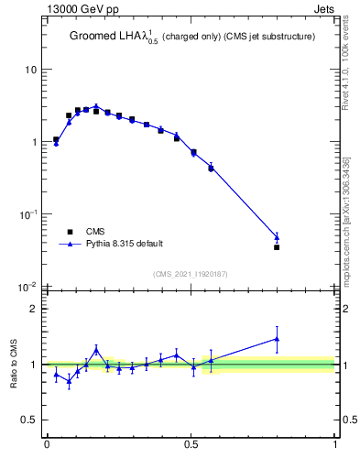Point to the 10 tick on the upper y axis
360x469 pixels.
[32, 70]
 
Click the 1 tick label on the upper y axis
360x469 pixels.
[35, 142]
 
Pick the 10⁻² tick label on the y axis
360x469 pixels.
[29, 287]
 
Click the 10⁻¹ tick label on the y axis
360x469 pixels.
[29, 214]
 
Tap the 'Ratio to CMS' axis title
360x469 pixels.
[14, 364]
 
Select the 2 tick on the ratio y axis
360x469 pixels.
[35, 309]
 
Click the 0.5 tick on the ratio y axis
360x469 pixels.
[31, 420]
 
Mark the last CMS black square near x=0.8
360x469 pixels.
[277, 247]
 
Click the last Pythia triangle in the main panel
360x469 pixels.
[277, 237]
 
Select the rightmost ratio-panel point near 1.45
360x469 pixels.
[277, 339]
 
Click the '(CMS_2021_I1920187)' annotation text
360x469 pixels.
[191, 273]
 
